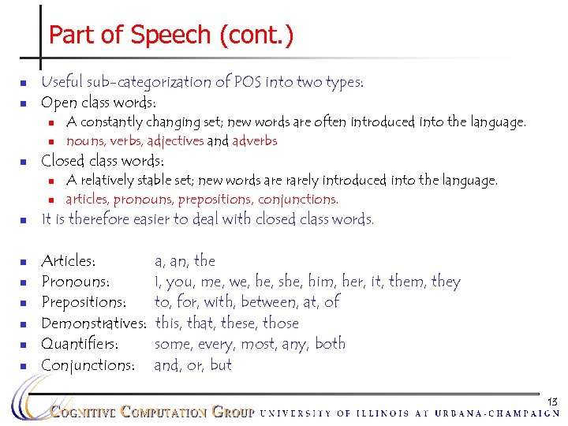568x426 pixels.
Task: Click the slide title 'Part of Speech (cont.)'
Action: click(x=170, y=35)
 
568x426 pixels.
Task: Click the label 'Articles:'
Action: click(x=69, y=261)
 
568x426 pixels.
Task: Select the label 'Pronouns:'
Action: click(x=75, y=282)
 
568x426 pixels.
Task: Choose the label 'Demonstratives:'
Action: click(x=94, y=323)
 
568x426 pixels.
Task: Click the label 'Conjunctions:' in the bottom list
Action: click(x=88, y=365)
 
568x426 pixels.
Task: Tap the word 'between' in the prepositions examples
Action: click(x=275, y=302)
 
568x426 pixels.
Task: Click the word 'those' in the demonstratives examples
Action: click(x=282, y=323)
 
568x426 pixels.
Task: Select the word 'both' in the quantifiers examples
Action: click(x=330, y=344)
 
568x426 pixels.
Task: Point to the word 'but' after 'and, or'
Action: click(x=221, y=365)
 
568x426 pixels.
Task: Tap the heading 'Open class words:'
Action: click(x=98, y=103)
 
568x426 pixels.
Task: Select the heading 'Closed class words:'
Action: click(x=107, y=162)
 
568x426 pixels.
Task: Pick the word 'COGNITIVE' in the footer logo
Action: click(x=83, y=412)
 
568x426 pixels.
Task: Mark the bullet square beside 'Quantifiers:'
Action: click(x=24, y=345)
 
